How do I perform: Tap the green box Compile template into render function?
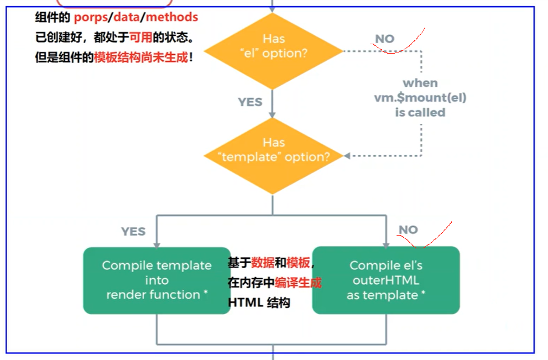click(x=156, y=280)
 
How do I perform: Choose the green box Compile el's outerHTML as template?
click(x=385, y=280)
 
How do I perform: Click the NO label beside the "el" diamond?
click(x=385, y=39)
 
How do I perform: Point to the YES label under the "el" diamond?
click(x=250, y=102)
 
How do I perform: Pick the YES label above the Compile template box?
click(x=133, y=231)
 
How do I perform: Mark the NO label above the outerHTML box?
click(x=408, y=229)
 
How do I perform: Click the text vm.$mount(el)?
click(x=420, y=98)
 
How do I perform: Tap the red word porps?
click(x=91, y=18)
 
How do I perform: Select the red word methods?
click(x=172, y=18)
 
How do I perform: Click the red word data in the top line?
click(x=126, y=18)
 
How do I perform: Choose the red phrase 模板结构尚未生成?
click(x=141, y=57)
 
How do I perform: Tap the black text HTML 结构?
click(x=259, y=303)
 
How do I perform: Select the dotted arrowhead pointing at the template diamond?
click(x=347, y=156)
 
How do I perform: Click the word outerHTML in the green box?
click(x=385, y=280)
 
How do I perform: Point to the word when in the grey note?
click(x=420, y=83)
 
